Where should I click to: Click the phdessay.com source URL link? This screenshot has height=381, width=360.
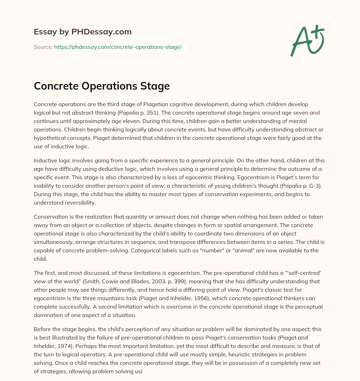118,47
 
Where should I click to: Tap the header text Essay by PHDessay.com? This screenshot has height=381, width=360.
83,32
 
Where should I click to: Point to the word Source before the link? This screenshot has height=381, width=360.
43,47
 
